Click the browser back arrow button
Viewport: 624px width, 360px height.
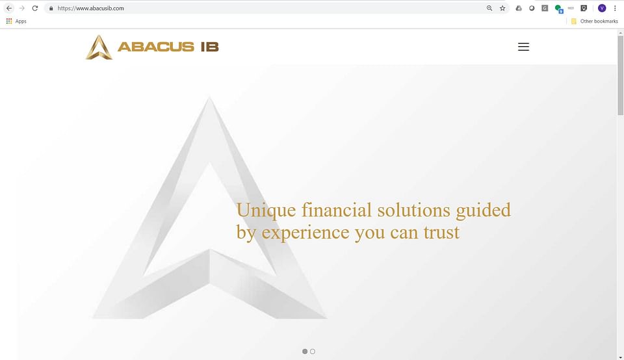point(8,8)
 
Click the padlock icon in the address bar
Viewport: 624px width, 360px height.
point(51,8)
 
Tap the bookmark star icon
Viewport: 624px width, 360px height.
point(502,8)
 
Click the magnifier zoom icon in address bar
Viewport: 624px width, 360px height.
point(489,8)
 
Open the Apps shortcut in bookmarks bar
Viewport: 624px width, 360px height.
point(16,21)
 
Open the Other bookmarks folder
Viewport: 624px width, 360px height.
point(595,21)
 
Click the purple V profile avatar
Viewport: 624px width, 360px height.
point(602,8)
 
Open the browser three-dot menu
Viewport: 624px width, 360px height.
point(615,8)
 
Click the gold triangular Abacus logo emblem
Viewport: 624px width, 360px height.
point(99,47)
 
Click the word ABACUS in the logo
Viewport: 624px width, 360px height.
point(155,47)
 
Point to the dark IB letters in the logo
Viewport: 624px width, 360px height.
point(210,47)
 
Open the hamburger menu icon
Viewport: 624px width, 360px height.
point(523,47)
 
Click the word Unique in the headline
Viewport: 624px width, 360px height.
point(266,210)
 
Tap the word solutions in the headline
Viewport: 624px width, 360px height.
point(413,210)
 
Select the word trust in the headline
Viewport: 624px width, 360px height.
point(441,232)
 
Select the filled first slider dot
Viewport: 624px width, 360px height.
point(305,352)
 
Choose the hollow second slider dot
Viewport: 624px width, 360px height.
point(313,352)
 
